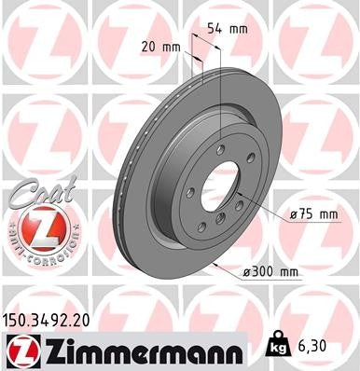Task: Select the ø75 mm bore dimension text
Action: tap(312, 213)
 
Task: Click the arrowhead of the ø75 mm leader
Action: tap(246, 203)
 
